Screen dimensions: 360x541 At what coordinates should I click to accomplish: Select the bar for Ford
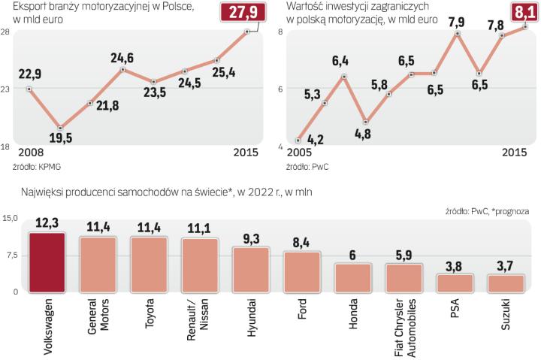302,271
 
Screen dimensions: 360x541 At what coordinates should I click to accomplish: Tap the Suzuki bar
506,283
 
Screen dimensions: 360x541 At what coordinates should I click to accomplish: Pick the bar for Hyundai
251,269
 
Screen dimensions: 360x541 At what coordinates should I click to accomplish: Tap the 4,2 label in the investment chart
316,138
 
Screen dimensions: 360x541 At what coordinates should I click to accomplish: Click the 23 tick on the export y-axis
6,89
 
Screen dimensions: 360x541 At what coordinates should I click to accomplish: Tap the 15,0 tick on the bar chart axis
11,219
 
